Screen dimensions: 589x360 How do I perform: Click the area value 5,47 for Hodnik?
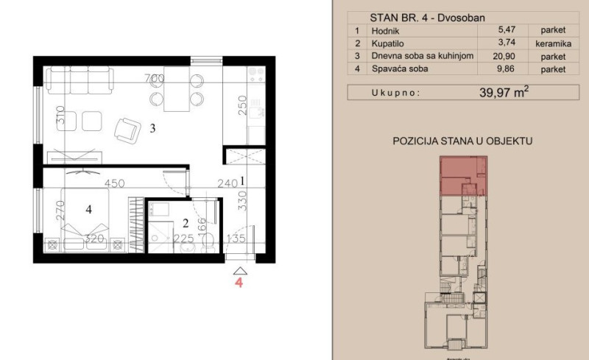pyautogui.click(x=507, y=29)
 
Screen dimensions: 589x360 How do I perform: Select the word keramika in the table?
pyautogui.click(x=554, y=43)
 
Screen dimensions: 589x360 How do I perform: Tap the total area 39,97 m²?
pyautogui.click(x=504, y=92)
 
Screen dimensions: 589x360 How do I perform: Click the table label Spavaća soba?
pyautogui.click(x=400, y=68)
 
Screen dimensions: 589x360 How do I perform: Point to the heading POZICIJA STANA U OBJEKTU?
pyautogui.click(x=462, y=141)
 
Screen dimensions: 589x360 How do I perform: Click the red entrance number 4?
pyautogui.click(x=239, y=283)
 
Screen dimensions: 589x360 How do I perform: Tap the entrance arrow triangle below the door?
pyautogui.click(x=240, y=271)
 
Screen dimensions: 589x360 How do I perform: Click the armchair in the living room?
pyautogui.click(x=127, y=130)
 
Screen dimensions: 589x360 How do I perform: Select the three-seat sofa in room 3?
pyautogui.click(x=80, y=80)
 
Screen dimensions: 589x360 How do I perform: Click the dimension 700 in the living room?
pyautogui.click(x=155, y=78)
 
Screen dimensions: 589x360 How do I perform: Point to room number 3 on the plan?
pyautogui.click(x=152, y=129)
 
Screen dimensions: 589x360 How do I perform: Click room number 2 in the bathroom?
pyautogui.click(x=186, y=224)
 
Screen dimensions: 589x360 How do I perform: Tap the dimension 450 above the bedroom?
pyautogui.click(x=115, y=183)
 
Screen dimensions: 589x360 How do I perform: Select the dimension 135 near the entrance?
pyautogui.click(x=236, y=239)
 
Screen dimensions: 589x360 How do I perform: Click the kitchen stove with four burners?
pyautogui.click(x=256, y=74)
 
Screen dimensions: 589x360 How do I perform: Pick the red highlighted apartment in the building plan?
pyautogui.click(x=464, y=176)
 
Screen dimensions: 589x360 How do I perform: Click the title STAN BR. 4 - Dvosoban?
pyautogui.click(x=428, y=18)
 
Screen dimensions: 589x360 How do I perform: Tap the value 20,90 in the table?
pyautogui.click(x=504, y=57)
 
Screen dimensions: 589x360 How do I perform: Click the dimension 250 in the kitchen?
pyautogui.click(x=243, y=105)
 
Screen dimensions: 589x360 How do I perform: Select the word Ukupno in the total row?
pyautogui.click(x=395, y=93)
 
